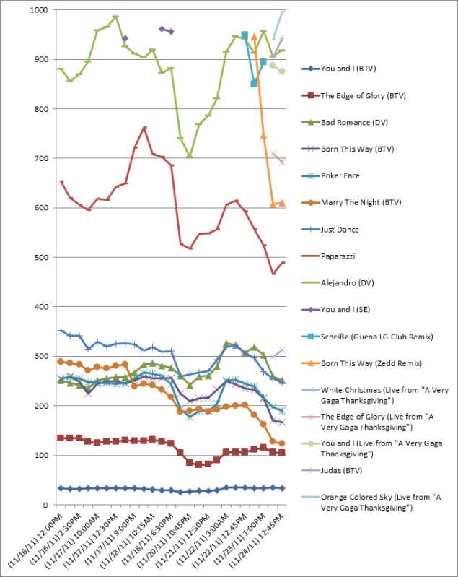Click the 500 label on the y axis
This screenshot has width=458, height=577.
(x=39, y=258)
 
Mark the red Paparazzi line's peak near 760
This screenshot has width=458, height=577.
(x=145, y=128)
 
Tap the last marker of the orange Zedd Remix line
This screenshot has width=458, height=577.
(x=282, y=203)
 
